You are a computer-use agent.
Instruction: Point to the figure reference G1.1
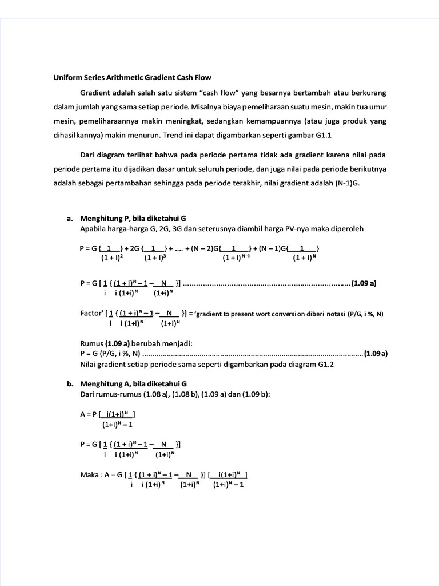[x=322, y=136]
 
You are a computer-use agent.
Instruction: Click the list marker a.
[x=70, y=218]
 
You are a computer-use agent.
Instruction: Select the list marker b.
[x=70, y=384]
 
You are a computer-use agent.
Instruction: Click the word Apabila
[x=95, y=229]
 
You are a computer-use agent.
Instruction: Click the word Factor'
[x=93, y=313]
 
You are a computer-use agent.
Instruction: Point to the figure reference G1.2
[x=323, y=364]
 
